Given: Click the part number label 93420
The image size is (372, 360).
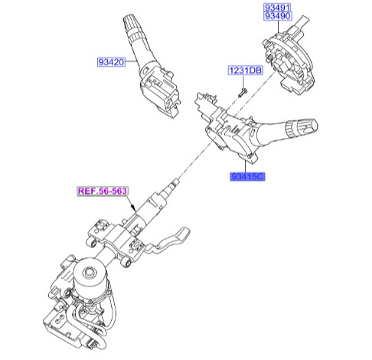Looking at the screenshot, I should point(110,63).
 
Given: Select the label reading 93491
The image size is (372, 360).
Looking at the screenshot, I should point(279,8).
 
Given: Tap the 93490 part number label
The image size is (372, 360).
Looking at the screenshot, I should point(279,18).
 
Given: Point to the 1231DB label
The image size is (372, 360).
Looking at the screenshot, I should point(243,71).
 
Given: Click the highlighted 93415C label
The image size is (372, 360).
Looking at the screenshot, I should point(248,178).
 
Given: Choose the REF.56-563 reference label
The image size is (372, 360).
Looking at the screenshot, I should point(103,191).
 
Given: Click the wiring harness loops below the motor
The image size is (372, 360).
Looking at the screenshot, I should point(100,322).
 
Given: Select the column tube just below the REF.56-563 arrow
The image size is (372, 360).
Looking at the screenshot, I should point(142,218).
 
